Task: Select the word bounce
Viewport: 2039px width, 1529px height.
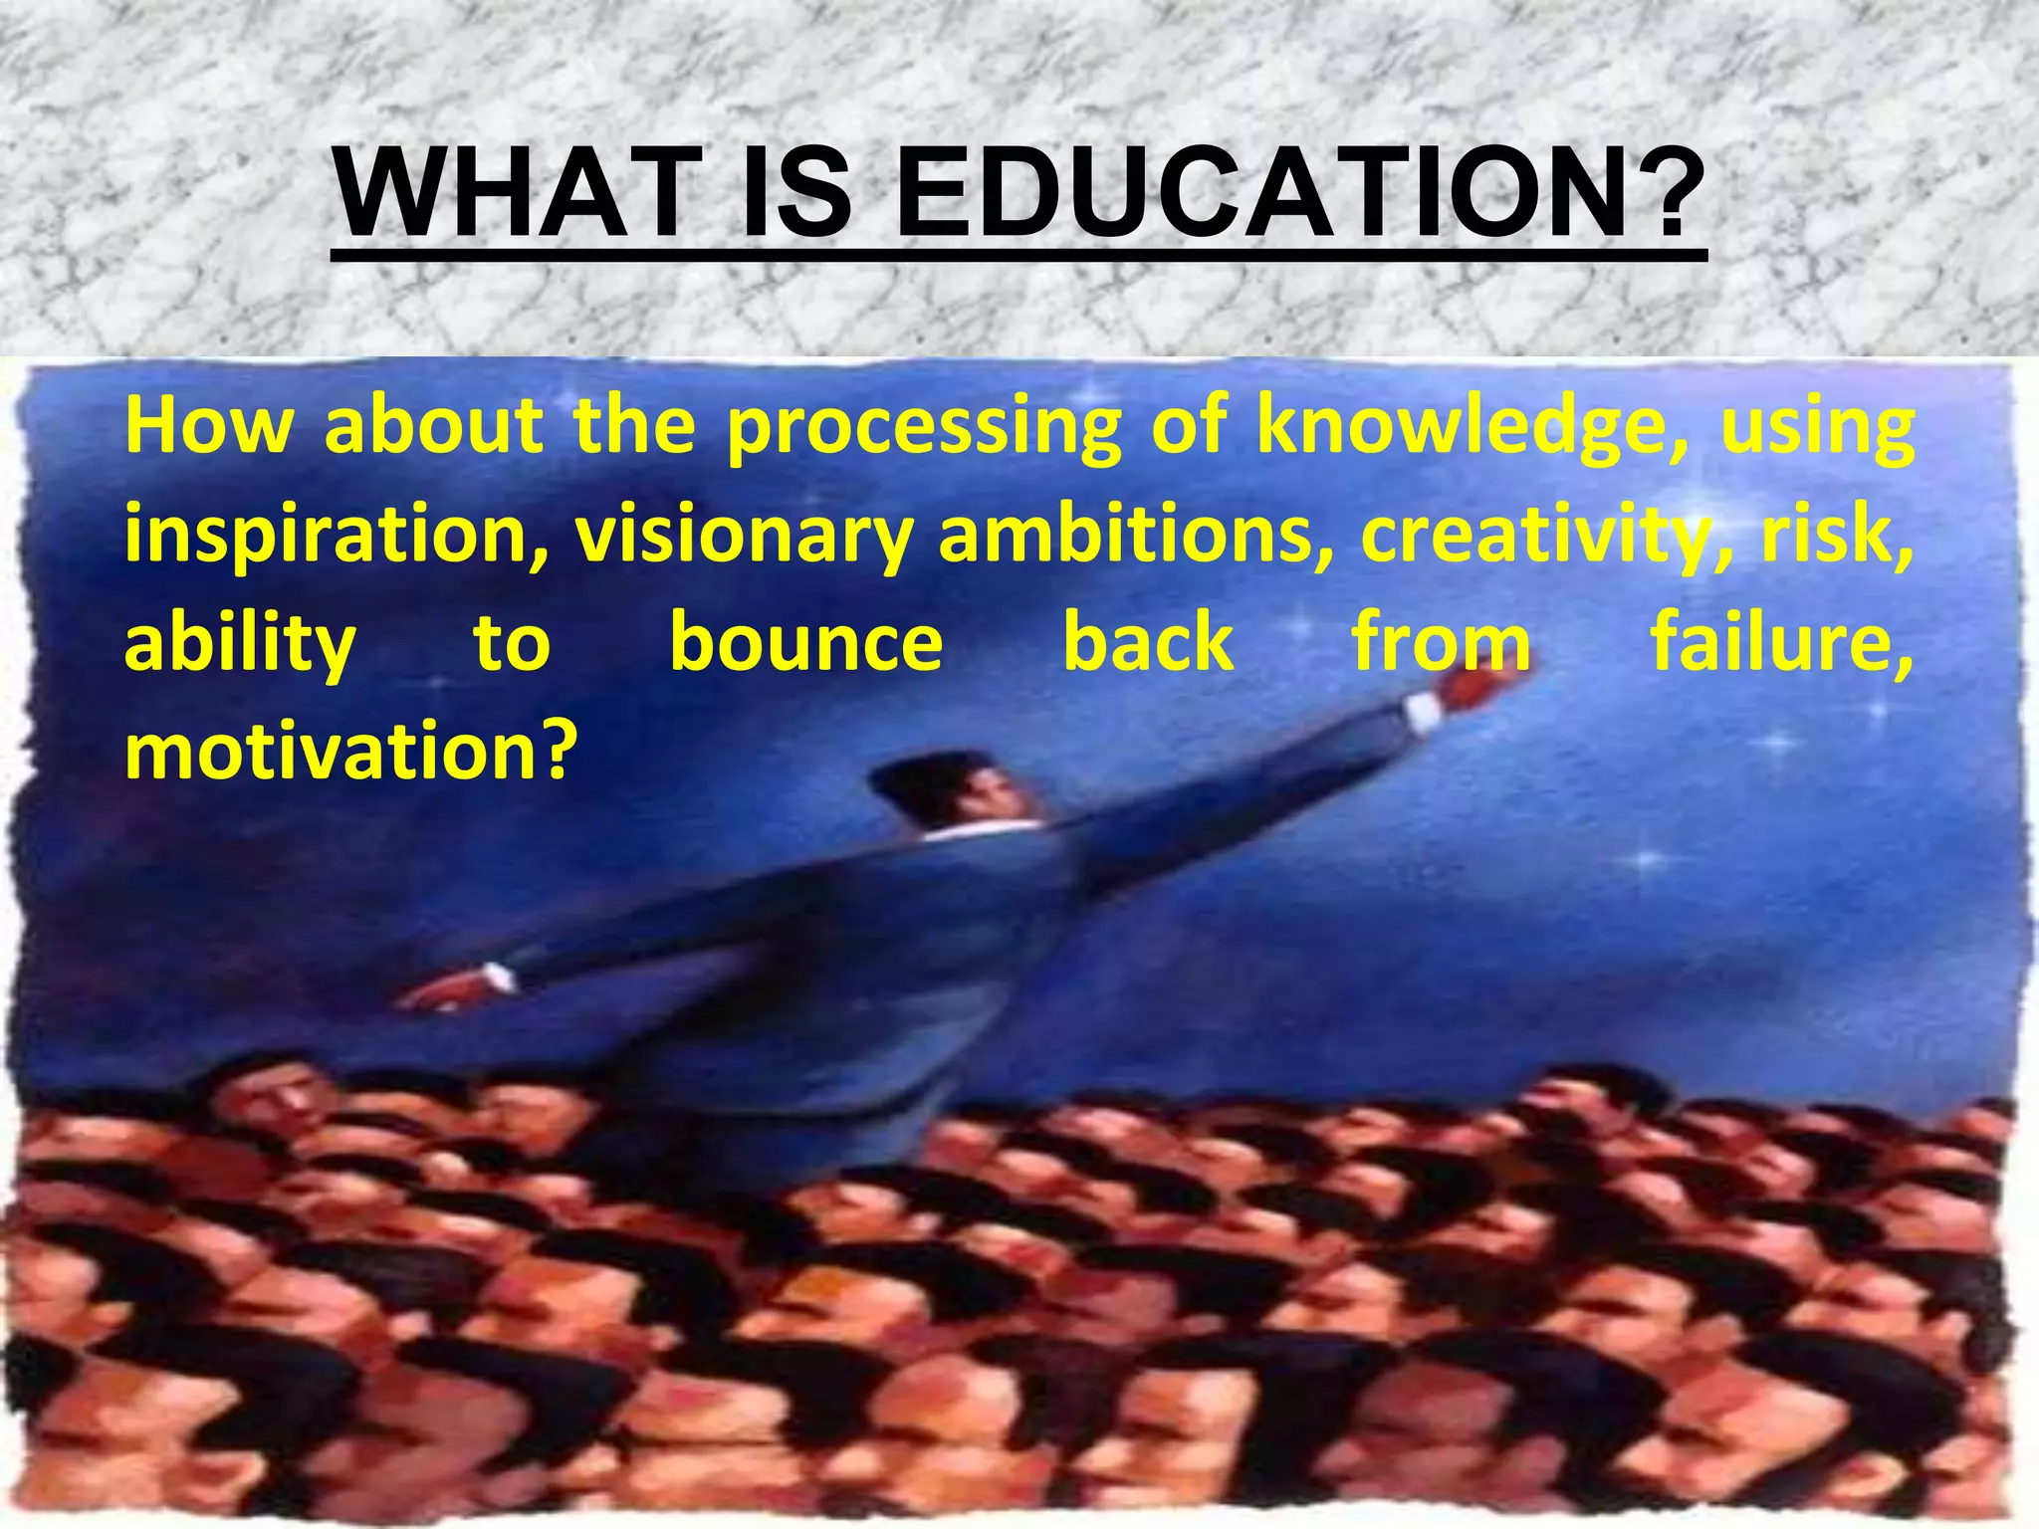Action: [806, 642]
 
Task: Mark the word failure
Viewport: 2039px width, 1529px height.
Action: [1782, 642]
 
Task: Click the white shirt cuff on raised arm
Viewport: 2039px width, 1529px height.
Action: [1422, 709]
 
